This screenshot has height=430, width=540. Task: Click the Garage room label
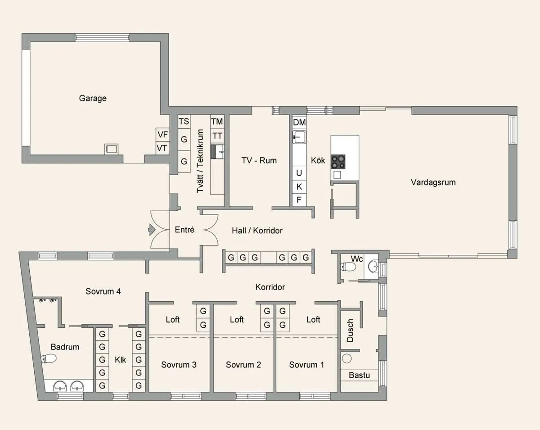(93, 98)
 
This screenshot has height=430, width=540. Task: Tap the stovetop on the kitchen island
(338, 161)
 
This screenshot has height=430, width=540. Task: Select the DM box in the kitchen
(299, 122)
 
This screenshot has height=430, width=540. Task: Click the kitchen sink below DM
(299, 137)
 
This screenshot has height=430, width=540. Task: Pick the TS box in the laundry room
(184, 122)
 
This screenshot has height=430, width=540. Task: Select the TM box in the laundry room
(217, 122)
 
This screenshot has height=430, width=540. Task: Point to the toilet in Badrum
(49, 359)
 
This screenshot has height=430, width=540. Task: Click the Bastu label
(359, 375)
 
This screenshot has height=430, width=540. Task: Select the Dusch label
(351, 330)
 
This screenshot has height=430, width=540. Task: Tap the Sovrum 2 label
(243, 365)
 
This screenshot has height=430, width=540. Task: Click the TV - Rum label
(259, 160)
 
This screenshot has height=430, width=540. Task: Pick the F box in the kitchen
(299, 199)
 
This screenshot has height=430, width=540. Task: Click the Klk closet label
(120, 360)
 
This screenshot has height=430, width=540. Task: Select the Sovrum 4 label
(103, 291)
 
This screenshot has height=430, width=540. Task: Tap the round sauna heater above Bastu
(346, 359)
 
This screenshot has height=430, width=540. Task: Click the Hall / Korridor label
(257, 231)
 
